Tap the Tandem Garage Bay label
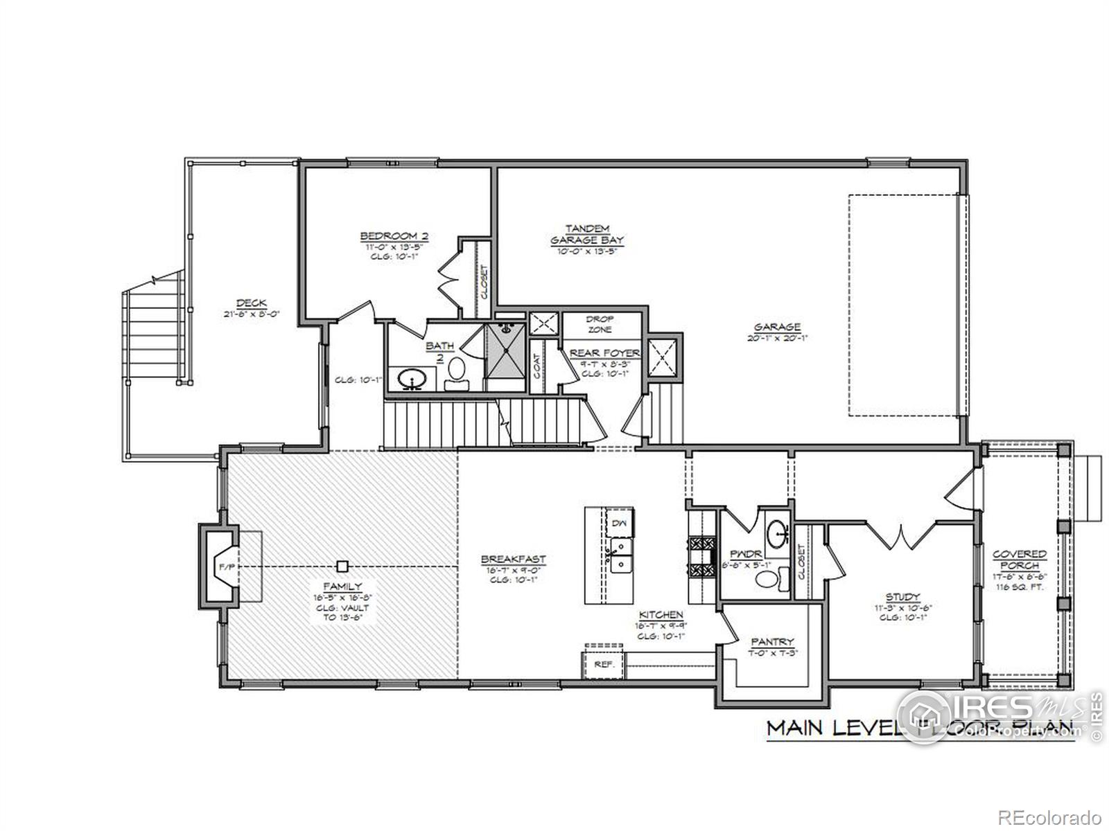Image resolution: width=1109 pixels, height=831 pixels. point(586,234)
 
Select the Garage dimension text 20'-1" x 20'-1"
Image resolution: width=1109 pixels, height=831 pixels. point(777,339)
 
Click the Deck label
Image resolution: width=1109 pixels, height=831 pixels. point(248,303)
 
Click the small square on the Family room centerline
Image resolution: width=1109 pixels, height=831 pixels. point(342,566)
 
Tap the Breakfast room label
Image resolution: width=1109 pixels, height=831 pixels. point(513,559)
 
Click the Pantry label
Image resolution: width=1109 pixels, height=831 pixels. point(771,642)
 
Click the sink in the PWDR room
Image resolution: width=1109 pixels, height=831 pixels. point(777,533)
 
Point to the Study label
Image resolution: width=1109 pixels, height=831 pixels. point(902,597)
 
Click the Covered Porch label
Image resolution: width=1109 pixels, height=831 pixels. point(1019,560)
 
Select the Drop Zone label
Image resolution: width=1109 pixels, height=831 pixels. point(600,324)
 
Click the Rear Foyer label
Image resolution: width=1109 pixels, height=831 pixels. point(604,353)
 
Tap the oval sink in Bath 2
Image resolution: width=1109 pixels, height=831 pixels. point(412,378)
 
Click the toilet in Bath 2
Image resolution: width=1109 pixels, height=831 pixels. point(456,370)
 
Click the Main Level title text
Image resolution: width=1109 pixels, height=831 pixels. point(832,729)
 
